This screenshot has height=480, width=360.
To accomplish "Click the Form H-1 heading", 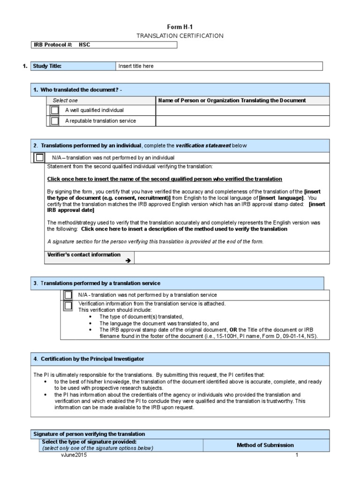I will (180, 27).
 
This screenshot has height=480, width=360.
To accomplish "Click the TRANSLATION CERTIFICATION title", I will (180, 36).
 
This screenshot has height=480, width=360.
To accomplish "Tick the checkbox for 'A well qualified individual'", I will (55, 110).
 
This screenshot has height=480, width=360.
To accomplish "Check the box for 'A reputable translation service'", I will (55, 121).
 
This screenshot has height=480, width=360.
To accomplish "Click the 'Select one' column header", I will (65, 100).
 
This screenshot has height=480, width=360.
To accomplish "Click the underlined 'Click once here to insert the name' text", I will (165, 179).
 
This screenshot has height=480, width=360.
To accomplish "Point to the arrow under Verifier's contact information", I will (127, 260).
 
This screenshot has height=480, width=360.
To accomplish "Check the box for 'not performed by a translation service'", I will (68, 295).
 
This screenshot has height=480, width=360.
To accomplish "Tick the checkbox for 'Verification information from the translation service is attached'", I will (68, 306).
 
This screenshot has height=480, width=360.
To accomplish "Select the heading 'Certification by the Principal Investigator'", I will (92, 359).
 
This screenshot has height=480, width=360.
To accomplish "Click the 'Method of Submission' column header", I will (265, 445).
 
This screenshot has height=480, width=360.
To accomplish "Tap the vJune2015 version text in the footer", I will (74, 455).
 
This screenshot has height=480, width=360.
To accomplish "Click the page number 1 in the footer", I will (297, 455).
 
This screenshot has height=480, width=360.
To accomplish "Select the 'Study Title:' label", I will (47, 66).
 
